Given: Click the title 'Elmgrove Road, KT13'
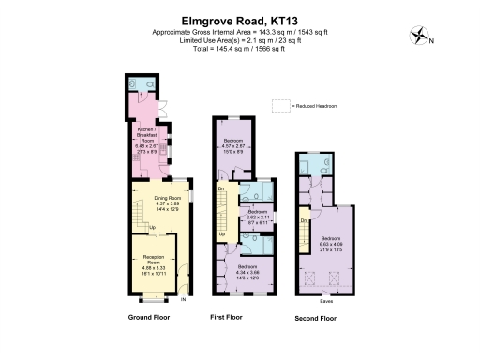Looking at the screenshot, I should (240, 18).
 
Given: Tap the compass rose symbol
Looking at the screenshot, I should (418, 37).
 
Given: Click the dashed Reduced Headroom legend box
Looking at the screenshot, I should (278, 106).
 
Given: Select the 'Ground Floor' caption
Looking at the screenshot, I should (152, 319).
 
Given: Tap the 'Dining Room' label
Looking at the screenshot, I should (152, 199).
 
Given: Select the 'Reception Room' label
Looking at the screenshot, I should (152, 258).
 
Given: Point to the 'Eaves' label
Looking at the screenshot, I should (325, 301).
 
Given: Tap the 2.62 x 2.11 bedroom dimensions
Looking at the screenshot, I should (258, 222).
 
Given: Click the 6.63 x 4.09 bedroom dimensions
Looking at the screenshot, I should (329, 247).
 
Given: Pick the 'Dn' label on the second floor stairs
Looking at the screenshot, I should (306, 220).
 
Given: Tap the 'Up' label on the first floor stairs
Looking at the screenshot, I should (221, 233).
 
